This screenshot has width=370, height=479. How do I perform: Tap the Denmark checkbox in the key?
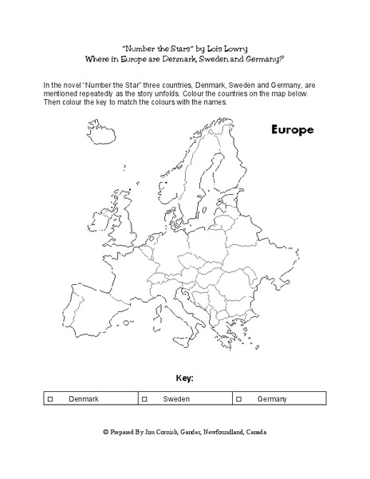point(49,398)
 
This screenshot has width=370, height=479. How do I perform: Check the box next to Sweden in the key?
point(144,398)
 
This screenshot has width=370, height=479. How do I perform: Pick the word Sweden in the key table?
point(176,398)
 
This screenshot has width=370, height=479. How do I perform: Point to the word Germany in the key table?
point(272,398)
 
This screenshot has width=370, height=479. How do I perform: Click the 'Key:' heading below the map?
point(184,377)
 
